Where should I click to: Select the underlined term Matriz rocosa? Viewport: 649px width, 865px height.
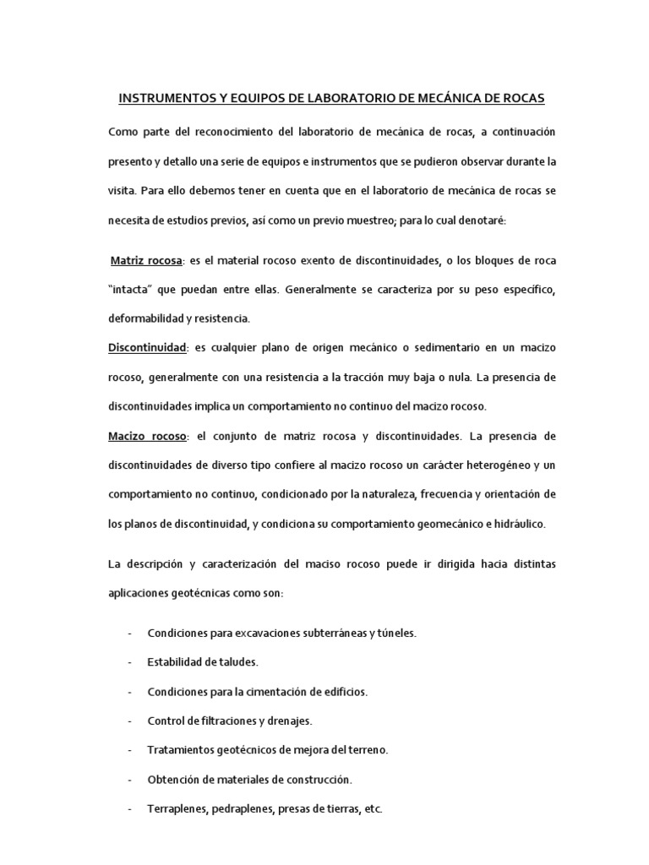146,260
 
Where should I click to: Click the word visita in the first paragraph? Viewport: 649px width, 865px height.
123,191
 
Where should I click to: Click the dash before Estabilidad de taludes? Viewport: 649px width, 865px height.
128,662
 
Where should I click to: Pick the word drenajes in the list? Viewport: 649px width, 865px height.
288,721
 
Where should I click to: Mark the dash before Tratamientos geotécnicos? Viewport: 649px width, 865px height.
128,750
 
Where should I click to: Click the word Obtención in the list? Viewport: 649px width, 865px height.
173,779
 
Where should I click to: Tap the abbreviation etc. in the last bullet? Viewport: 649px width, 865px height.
372,808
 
